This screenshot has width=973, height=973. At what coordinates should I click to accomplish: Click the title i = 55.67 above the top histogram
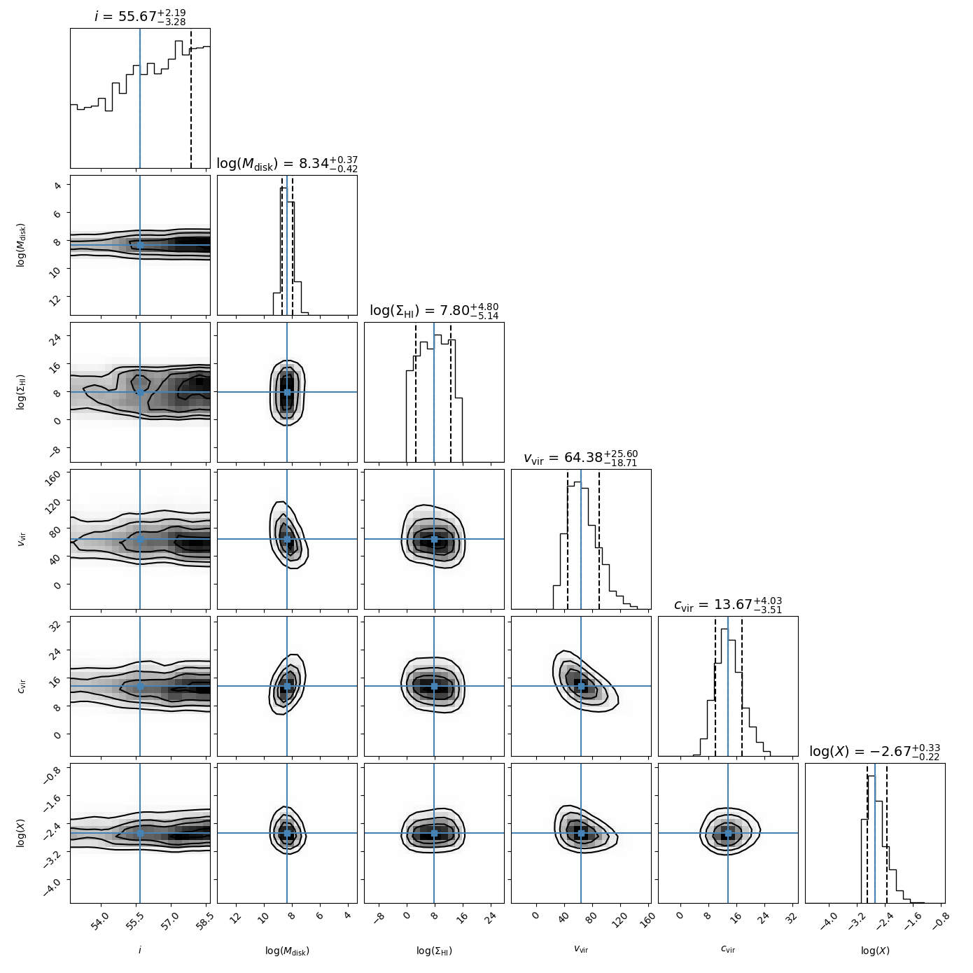[140, 16]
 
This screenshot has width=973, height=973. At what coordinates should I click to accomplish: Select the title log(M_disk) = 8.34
[287, 164]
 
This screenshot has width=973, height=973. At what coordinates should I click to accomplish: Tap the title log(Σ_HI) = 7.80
[434, 311]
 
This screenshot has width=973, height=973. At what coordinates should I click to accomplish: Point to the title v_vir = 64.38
[581, 458]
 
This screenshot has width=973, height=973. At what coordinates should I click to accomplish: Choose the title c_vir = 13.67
[728, 605]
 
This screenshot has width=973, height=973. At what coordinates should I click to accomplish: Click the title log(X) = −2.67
[875, 752]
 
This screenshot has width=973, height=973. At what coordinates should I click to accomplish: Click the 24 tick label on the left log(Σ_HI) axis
[57, 337]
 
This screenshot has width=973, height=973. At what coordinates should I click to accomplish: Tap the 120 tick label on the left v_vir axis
[55, 502]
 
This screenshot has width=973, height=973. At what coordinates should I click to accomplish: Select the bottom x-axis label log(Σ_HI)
[434, 951]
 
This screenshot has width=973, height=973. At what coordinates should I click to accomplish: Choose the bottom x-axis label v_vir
[581, 950]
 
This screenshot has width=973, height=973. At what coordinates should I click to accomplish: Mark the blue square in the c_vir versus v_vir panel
[581, 686]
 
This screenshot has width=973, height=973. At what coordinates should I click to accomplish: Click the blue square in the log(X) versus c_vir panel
[728, 833]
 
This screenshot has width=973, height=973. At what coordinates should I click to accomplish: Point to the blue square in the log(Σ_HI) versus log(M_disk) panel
[287, 392]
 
